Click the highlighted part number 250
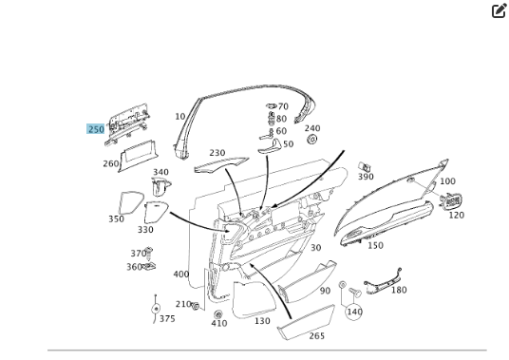click(96, 129)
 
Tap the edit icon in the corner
click(499, 10)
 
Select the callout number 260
click(111, 163)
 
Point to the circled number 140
click(354, 312)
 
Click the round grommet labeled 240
click(311, 140)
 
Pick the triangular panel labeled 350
click(131, 202)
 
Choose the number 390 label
click(366, 177)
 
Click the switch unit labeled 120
click(450, 201)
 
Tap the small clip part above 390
click(365, 167)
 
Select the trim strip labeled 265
click(306, 323)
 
